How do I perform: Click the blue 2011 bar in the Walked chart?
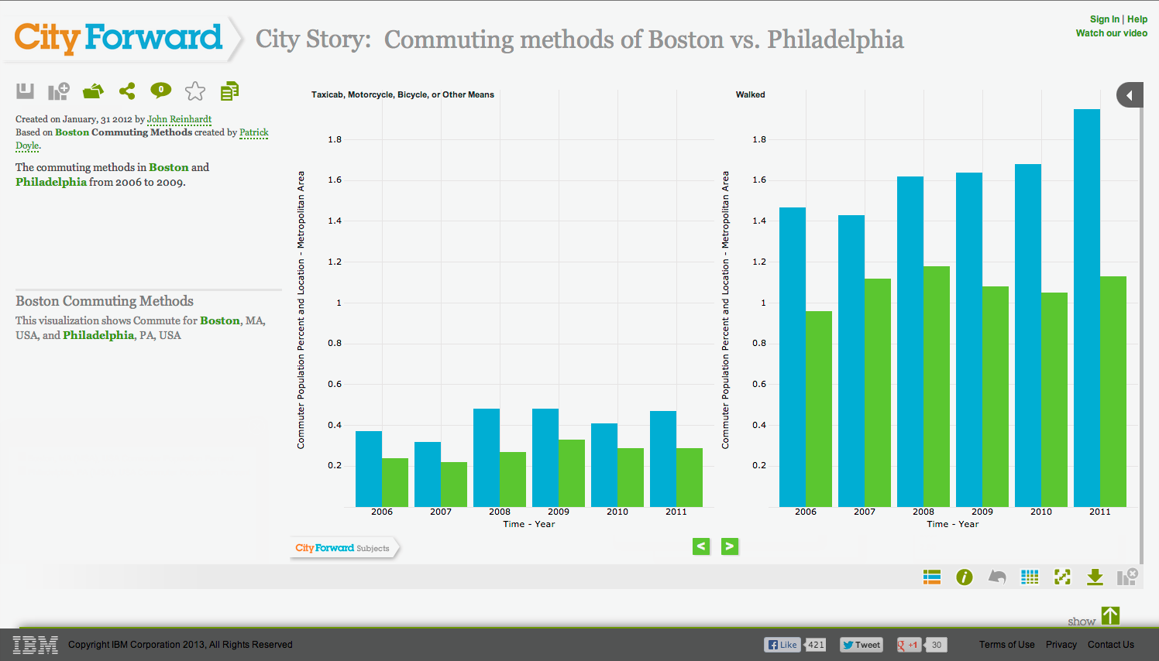tap(1086, 307)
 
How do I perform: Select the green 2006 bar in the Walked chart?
tap(819, 409)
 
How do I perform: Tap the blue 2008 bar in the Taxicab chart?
tap(487, 457)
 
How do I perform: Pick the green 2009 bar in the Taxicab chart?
tap(572, 473)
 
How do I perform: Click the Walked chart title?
tap(750, 94)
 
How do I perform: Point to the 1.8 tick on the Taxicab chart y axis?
tap(335, 139)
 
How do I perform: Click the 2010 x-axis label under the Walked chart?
tap(1041, 512)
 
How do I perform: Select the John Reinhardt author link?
tap(179, 119)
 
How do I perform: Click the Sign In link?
tap(1105, 19)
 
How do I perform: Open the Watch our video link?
tap(1112, 33)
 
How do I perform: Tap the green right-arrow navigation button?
tap(730, 546)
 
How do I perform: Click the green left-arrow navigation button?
tap(701, 546)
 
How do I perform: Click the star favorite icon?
tap(195, 91)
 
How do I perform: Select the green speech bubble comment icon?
tap(161, 91)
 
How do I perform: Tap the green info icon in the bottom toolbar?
tap(965, 577)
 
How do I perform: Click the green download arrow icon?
tap(1095, 577)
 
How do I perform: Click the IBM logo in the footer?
tap(35, 645)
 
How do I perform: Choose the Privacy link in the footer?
tap(1061, 645)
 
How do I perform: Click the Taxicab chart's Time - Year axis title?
tap(529, 524)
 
